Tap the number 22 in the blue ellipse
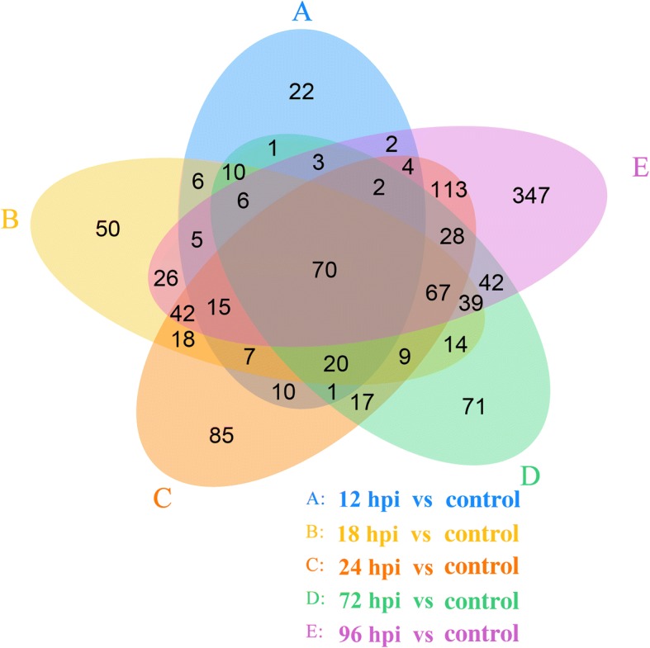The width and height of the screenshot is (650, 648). pos(301,92)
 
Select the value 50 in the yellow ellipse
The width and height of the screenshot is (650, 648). pos(108,229)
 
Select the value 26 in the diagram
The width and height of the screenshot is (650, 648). pos(165,279)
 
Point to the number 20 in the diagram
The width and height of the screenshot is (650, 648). pos(336,364)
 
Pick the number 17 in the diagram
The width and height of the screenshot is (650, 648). pos(361,404)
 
